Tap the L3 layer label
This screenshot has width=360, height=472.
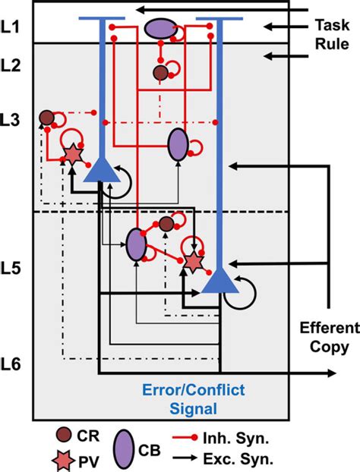tap(13, 119)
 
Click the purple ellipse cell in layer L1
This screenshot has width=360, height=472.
tap(159, 30)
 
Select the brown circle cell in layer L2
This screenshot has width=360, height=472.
tap(160, 73)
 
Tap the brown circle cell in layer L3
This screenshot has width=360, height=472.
tap(46, 118)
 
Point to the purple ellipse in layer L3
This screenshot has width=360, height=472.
tap(178, 144)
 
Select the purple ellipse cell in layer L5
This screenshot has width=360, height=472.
tap(136, 244)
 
